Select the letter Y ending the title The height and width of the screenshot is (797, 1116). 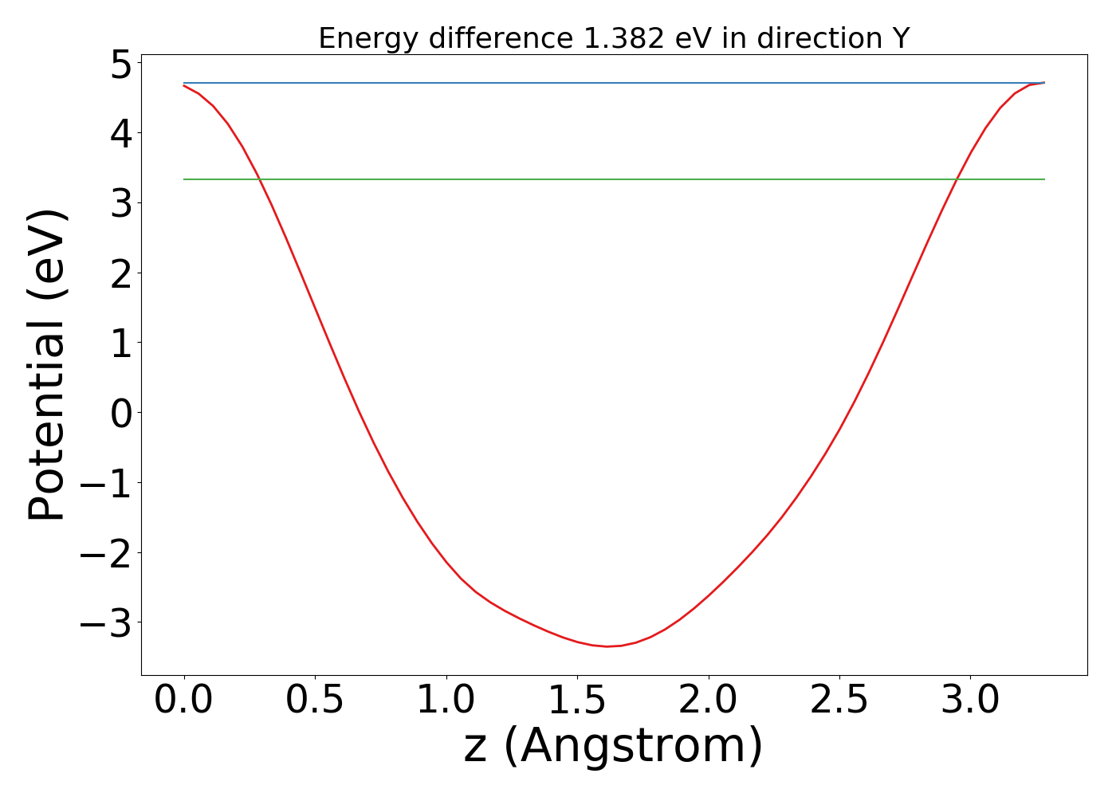(901, 38)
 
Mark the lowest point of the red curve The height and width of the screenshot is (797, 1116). (607, 646)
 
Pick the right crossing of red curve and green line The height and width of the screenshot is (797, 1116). (955, 179)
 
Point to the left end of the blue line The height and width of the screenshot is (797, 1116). (184, 83)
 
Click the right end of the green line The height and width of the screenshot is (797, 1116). (1044, 179)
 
